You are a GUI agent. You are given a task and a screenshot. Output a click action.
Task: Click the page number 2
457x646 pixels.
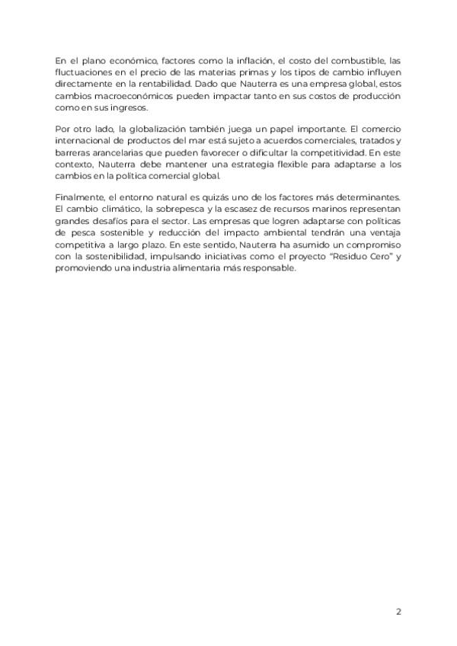point(398,611)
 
